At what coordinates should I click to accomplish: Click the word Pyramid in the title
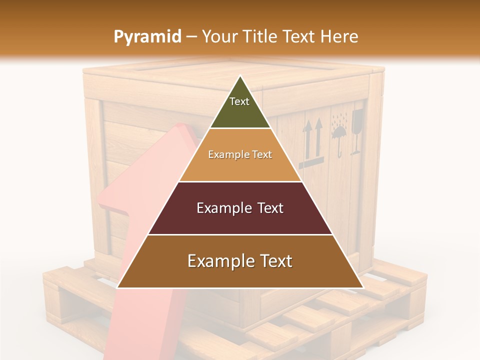[147, 37]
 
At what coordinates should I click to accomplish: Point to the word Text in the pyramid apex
[239, 101]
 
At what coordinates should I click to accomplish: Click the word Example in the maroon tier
[223, 208]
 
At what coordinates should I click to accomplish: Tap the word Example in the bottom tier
[216, 261]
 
